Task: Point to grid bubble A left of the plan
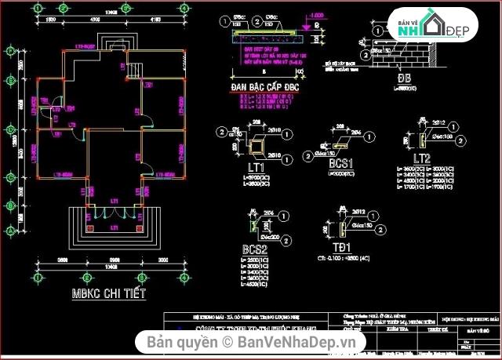pyautogui.click(x=11, y=231)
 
